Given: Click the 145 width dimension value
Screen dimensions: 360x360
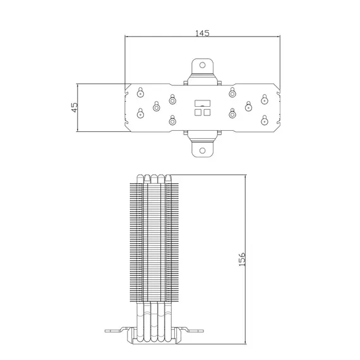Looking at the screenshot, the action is (x=202, y=33).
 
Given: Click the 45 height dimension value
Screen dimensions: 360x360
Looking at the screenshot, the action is (x=75, y=107).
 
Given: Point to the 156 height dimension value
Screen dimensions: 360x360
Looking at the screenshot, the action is (x=242, y=260).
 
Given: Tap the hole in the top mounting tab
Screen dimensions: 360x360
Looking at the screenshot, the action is (x=202, y=65).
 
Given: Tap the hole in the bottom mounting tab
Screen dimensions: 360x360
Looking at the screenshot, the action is (x=202, y=150).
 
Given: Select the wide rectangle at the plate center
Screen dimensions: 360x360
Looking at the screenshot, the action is (x=203, y=104).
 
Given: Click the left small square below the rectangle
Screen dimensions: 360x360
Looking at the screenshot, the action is (x=198, y=112).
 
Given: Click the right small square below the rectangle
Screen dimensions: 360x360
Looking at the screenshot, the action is (x=207, y=112).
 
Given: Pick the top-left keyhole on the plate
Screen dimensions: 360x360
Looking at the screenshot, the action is (x=140, y=92).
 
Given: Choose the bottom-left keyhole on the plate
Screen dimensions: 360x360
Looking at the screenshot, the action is (x=140, y=114).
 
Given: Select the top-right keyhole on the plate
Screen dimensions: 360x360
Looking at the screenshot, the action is (x=265, y=99).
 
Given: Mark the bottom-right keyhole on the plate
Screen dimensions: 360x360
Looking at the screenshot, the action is (x=265, y=120).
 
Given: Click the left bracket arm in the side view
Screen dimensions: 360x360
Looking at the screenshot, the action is (x=116, y=331).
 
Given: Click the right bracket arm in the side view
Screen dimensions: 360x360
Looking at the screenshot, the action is (x=192, y=331).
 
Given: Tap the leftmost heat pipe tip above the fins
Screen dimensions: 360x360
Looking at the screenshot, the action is (x=140, y=179).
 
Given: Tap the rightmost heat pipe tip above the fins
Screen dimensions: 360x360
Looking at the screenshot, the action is (x=168, y=179).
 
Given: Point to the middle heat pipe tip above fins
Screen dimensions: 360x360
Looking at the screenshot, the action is (x=154, y=179).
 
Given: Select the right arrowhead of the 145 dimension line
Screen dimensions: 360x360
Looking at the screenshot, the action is (x=279, y=36).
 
